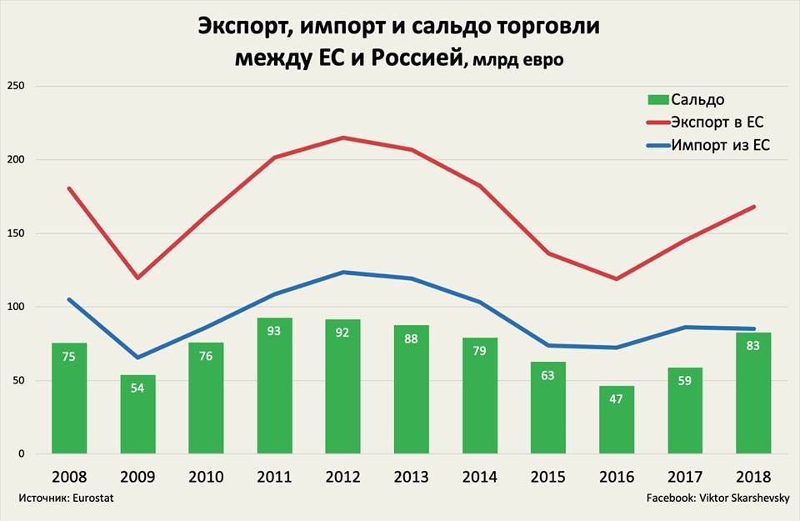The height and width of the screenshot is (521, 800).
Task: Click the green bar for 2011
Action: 274,386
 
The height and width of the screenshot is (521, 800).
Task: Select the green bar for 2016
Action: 617,419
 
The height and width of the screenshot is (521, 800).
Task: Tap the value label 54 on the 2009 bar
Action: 137,388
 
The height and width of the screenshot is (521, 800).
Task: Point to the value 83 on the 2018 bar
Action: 753,345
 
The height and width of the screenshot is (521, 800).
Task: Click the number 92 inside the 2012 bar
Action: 342,333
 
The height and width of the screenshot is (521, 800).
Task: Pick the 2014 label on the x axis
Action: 480,477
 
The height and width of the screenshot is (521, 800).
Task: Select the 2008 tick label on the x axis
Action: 69,477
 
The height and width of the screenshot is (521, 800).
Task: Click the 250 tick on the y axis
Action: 16,86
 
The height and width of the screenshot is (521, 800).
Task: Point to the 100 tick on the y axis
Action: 16,307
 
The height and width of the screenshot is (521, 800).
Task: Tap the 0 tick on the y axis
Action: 22,453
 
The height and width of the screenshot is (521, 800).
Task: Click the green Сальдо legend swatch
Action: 658,99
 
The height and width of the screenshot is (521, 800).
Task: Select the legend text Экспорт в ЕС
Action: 717,123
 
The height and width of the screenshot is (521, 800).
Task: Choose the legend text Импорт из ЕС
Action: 720,145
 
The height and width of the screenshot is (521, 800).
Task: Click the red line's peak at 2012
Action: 342,138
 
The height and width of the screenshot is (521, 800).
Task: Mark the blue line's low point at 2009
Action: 137,358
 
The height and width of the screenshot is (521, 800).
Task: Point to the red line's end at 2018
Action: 753,207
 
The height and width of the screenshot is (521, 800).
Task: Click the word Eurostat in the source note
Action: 92,498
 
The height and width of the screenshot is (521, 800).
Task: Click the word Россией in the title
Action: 417,58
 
